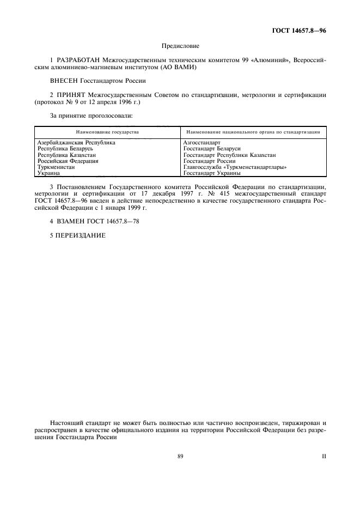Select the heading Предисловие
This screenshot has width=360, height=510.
(x=180, y=46)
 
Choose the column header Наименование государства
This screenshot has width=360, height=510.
(x=107, y=132)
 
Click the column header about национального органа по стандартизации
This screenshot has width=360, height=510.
(x=253, y=132)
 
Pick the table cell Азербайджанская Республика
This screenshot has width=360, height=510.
(x=76, y=143)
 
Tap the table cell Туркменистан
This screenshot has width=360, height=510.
(x=56, y=167)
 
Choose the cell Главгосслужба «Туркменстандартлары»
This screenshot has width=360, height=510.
(x=235, y=167)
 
